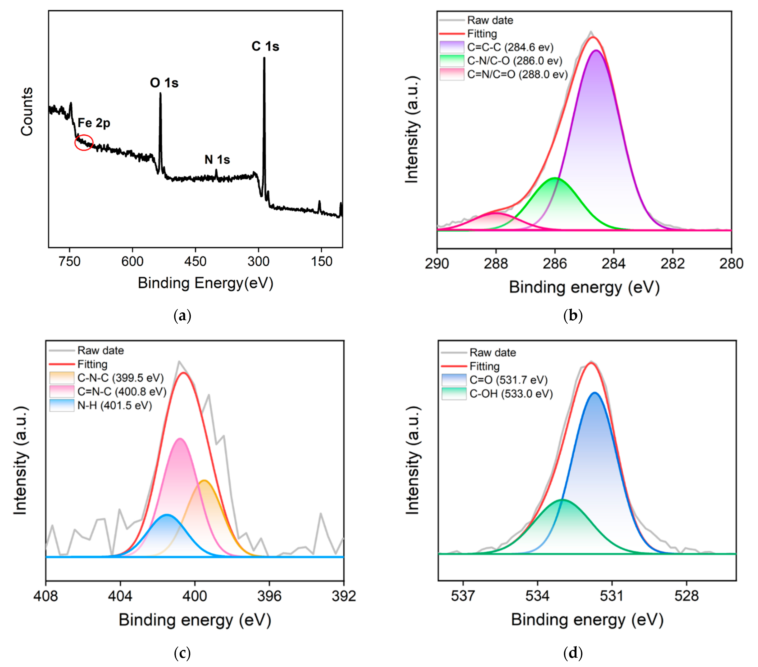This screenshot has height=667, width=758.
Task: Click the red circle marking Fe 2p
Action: click(x=84, y=142)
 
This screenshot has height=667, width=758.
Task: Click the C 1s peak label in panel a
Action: click(x=265, y=46)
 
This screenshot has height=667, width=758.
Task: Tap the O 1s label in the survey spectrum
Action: click(x=164, y=83)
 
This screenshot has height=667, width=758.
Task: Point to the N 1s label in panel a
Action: click(x=217, y=160)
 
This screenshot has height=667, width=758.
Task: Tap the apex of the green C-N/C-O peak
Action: click(x=555, y=178)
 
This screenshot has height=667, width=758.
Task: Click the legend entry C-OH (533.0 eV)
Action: click(x=511, y=394)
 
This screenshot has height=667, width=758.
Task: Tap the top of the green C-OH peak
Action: click(x=563, y=500)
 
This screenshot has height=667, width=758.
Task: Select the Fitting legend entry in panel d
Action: click(x=484, y=366)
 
